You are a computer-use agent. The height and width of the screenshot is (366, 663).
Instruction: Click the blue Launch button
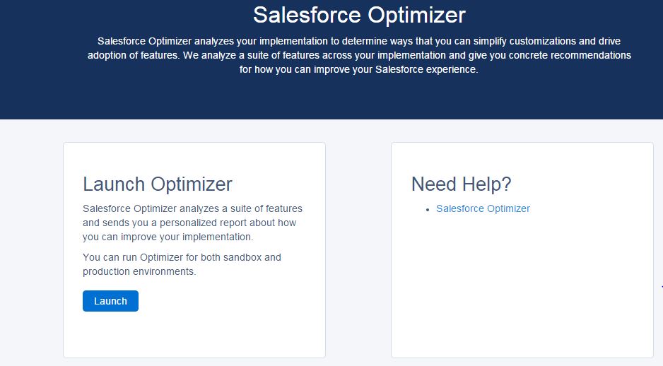click(110, 301)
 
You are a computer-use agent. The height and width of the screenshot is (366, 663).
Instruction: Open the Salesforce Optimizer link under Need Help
click(483, 208)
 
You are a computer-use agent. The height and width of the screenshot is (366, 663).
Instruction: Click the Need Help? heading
click(461, 184)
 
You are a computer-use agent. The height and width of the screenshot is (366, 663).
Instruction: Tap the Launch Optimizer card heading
click(157, 184)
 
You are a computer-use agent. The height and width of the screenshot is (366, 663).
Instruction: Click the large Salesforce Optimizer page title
click(359, 15)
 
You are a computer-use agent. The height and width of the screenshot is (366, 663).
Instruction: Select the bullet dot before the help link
click(428, 209)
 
